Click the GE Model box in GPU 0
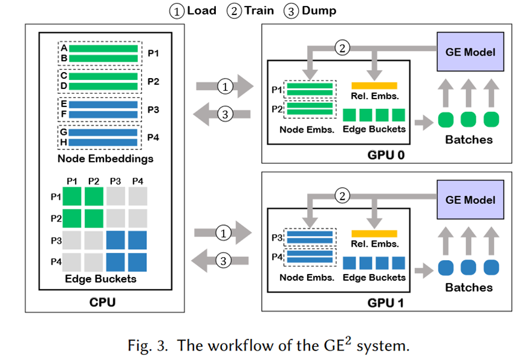point(470,51)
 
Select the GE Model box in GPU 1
point(470,200)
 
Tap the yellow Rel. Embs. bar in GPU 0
point(374,85)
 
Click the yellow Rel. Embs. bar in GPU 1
point(374,234)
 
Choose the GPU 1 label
point(385,302)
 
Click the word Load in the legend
point(201,11)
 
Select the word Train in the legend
point(259,11)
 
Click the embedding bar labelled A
point(103,48)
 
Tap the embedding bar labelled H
point(103,142)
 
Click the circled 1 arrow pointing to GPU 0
point(224,87)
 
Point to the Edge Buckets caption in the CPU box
point(101,279)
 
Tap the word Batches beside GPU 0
point(469,140)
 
